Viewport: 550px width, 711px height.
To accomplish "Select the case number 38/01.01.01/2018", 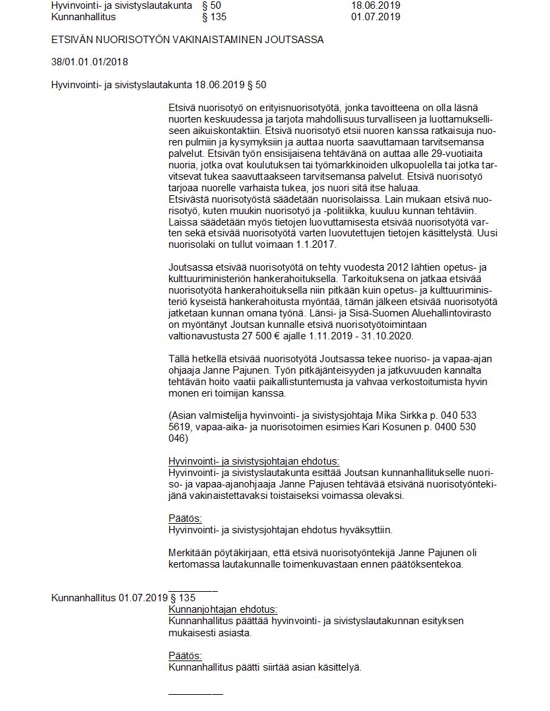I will click(x=90, y=62).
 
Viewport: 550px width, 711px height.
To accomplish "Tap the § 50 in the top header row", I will click(x=212, y=5).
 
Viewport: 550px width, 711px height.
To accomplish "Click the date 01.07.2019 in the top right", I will click(x=375, y=17).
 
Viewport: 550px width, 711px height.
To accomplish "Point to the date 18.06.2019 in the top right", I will click(x=375, y=5).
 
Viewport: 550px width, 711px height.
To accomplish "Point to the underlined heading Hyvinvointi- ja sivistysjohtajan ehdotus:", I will click(x=254, y=461).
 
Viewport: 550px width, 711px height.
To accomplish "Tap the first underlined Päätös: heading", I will click(x=185, y=518).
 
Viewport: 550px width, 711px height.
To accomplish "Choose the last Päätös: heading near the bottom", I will click(x=185, y=656).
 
